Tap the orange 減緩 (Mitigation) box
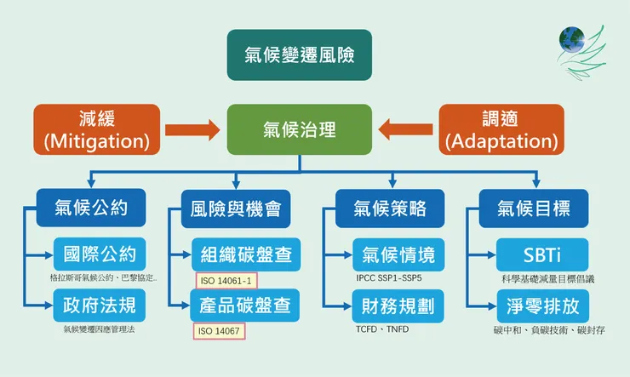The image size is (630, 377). [96, 129]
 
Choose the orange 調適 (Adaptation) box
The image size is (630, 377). [501, 129]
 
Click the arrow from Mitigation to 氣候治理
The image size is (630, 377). [193, 130]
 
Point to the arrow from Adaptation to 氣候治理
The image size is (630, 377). [405, 130]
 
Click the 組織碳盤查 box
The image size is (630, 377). [245, 254]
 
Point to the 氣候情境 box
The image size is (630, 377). [398, 254]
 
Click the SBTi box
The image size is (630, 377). [542, 254]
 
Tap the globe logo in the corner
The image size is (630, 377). [572, 39]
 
